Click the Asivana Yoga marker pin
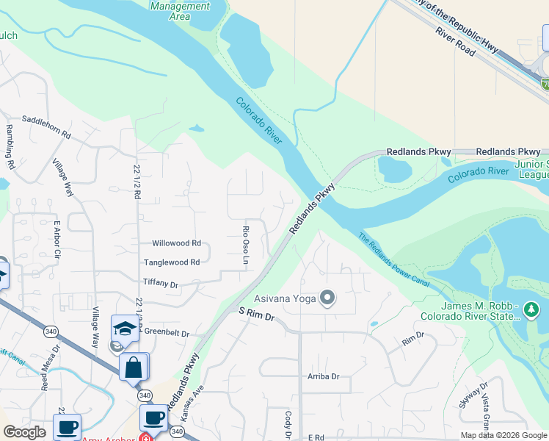[328, 298]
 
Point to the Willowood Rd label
[176, 243]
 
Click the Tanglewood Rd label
[172, 262]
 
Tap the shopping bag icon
[134, 368]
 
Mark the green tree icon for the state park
[532, 311]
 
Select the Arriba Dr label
[324, 376]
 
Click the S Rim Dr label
[256, 315]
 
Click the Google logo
[24, 432]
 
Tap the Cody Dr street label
[288, 424]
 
